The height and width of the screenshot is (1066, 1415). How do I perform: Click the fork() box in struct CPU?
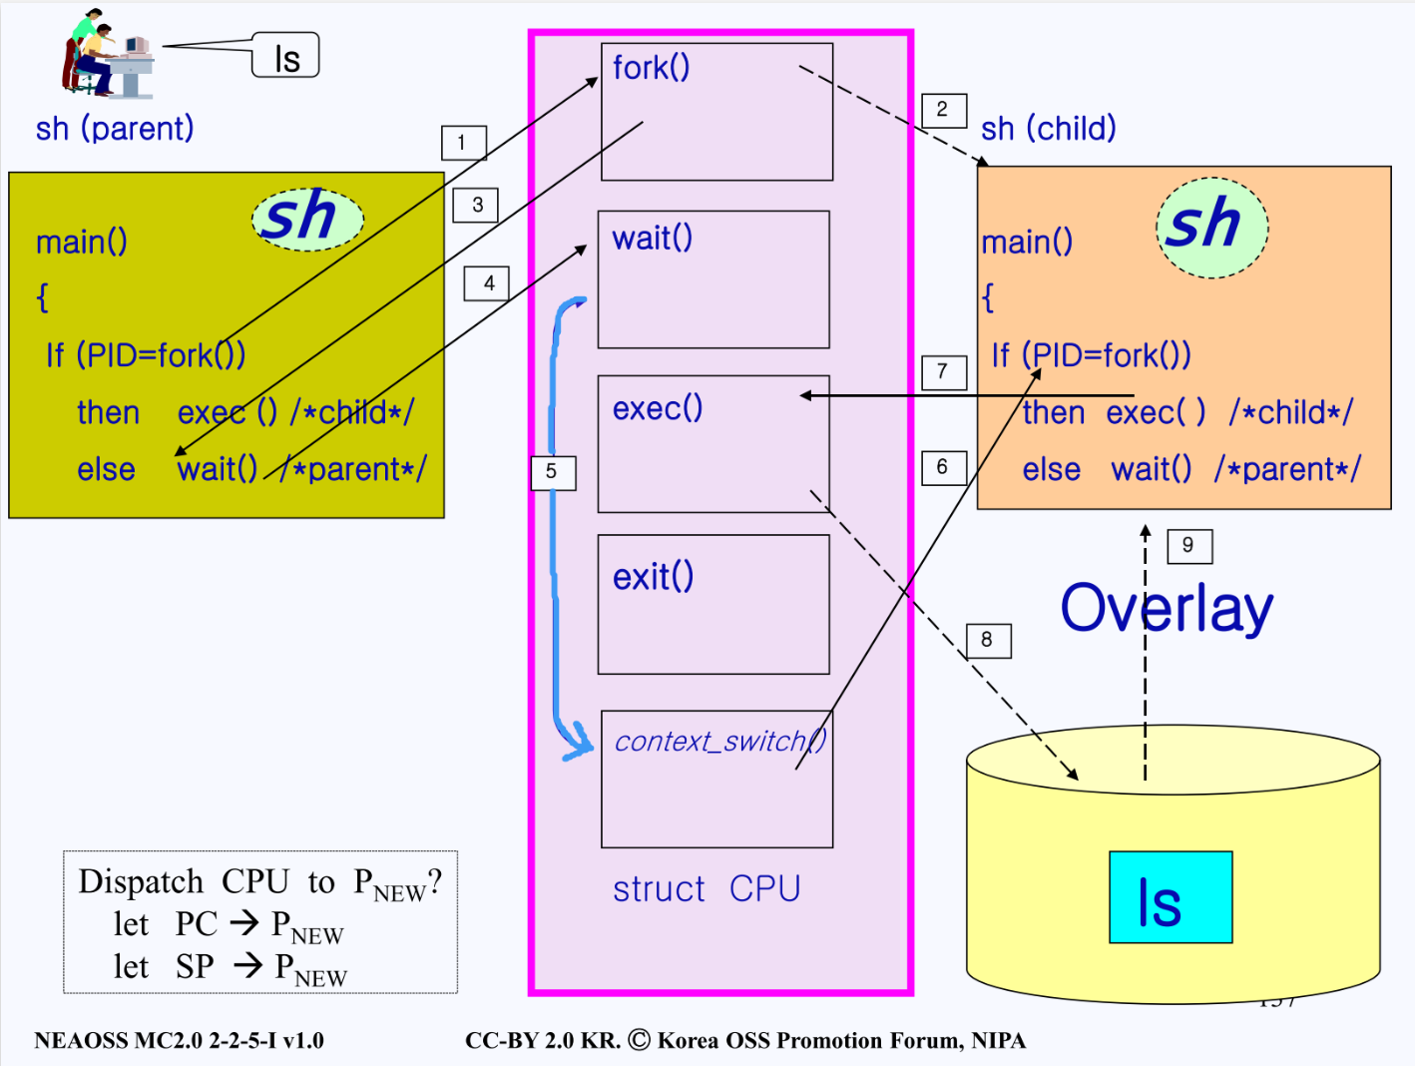(x=716, y=112)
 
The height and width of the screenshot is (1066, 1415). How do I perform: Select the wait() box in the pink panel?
(x=713, y=279)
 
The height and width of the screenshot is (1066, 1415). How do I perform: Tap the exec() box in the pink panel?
(x=713, y=444)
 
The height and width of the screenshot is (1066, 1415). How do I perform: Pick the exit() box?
(x=713, y=605)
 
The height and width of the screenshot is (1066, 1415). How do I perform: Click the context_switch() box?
(x=716, y=779)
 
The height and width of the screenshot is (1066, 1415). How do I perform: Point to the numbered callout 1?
(x=464, y=143)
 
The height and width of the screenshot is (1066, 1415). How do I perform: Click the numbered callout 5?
(x=553, y=472)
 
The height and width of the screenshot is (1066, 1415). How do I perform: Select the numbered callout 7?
(x=943, y=372)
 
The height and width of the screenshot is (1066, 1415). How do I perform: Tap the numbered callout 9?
(x=1188, y=546)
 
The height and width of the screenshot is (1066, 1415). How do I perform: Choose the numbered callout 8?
(x=988, y=640)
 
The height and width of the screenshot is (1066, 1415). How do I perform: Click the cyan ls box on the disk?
(x=1171, y=897)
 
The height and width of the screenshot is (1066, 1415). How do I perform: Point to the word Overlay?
(x=1167, y=609)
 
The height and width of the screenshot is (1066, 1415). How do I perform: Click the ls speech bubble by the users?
(x=286, y=56)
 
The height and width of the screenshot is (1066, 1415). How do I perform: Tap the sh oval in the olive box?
(x=307, y=218)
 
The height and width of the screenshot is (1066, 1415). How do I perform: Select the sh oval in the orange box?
(x=1211, y=227)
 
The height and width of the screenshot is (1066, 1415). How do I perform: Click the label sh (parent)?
(x=115, y=129)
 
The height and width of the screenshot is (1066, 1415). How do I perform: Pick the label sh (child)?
(x=1048, y=129)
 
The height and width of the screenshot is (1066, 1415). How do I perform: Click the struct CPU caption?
(x=707, y=888)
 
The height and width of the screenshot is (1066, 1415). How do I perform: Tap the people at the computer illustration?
(x=108, y=55)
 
